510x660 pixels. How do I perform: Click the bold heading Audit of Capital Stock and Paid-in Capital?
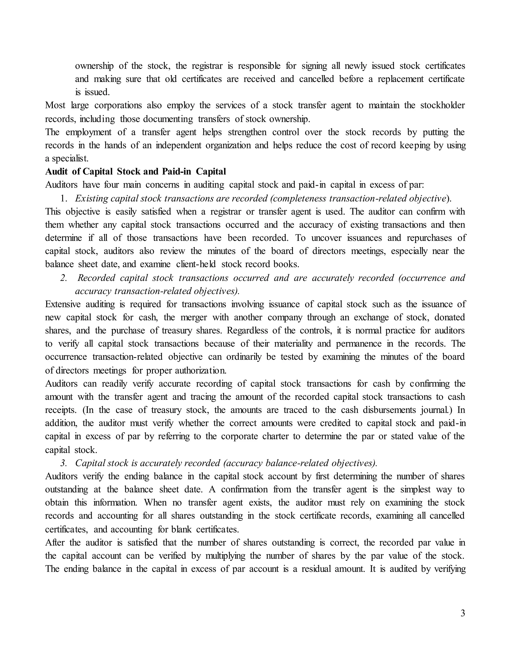pos(135,171)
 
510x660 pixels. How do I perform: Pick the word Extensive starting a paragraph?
pos(63,304)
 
